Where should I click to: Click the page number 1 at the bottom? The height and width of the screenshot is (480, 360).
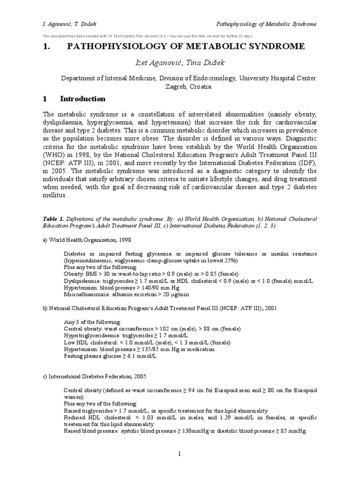(180, 454)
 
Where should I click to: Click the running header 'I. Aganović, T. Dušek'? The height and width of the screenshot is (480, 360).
(70, 24)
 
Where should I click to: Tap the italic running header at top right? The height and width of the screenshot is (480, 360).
(266, 24)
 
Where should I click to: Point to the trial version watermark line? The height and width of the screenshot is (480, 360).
(148, 36)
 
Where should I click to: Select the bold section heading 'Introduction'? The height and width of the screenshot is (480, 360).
(82, 99)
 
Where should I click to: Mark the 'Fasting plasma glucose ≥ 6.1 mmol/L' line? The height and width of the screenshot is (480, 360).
(110, 356)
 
